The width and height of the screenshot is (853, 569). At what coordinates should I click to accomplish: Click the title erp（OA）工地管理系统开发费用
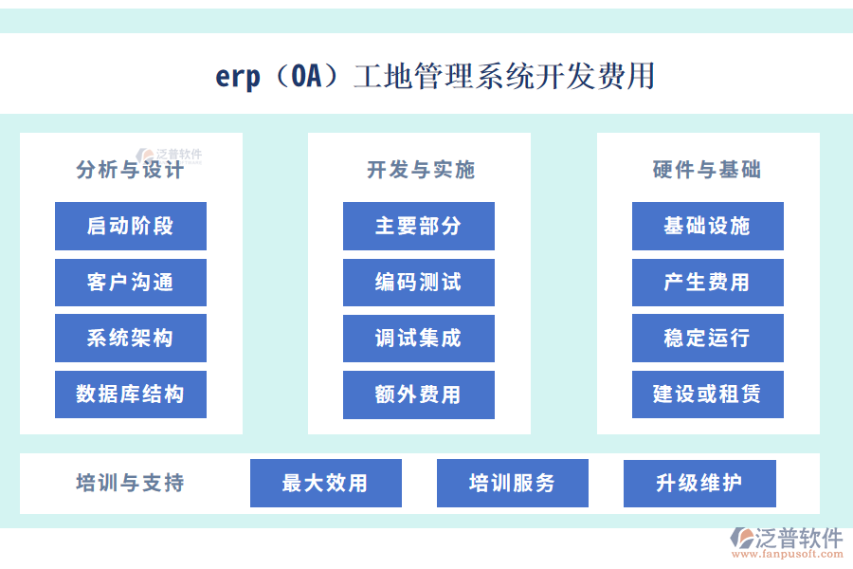point(435,76)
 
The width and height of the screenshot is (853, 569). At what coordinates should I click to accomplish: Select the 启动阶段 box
point(131,226)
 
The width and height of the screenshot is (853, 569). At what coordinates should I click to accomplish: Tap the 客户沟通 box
point(131,283)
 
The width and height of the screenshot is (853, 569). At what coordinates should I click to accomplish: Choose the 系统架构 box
point(131,339)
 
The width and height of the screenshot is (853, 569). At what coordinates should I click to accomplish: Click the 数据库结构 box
point(131,395)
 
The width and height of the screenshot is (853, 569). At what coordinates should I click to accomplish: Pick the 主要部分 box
point(418,226)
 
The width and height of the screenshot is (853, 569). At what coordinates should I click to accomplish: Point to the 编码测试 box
point(418,283)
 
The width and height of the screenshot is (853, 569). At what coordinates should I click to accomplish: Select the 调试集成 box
point(418,339)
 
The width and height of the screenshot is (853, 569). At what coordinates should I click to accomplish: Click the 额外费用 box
point(418,395)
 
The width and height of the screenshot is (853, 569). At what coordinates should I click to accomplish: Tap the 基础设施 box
point(707,226)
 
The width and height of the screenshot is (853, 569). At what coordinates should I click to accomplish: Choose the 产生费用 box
point(707,283)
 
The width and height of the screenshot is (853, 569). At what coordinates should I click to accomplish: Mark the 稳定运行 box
point(707,339)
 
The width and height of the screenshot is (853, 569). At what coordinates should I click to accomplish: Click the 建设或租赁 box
point(707,395)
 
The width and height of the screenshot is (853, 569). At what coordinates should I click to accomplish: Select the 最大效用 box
point(325,484)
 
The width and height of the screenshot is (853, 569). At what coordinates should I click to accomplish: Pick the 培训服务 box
point(512,484)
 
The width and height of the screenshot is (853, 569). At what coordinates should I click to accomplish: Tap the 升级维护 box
point(699,484)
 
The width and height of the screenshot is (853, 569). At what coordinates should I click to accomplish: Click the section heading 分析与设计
point(130,171)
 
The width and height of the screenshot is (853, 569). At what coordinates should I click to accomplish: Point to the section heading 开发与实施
point(420,171)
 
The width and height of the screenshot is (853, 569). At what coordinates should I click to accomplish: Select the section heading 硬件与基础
point(707,171)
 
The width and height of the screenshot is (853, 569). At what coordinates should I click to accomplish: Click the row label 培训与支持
point(130,484)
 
